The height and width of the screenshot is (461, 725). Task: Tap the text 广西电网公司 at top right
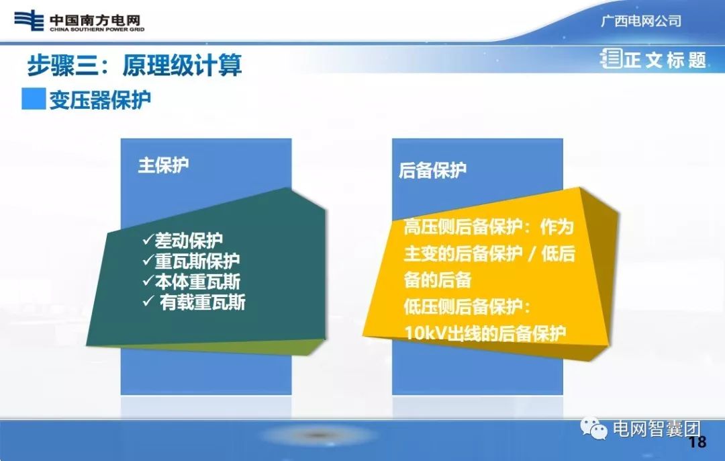click(640, 21)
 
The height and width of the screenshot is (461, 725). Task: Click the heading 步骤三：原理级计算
click(134, 66)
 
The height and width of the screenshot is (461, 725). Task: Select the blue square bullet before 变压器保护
click(33, 99)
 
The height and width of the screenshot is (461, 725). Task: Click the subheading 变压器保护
click(99, 99)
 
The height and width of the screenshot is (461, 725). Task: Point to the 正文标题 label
click(665, 60)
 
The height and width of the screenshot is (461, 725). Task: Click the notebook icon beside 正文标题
click(612, 59)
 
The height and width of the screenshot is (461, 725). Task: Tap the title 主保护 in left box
click(163, 165)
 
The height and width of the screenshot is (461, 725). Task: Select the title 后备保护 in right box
click(432, 171)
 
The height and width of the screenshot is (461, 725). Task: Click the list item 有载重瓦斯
click(202, 302)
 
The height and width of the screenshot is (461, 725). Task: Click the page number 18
click(697, 442)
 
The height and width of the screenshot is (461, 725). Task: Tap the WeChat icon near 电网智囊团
click(594, 428)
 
